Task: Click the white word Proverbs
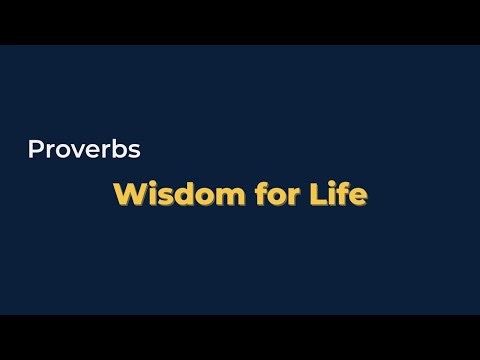click(83, 151)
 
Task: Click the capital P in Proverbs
click(35, 151)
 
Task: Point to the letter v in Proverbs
click(74, 152)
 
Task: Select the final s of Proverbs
click(132, 152)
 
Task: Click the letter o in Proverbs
click(59, 152)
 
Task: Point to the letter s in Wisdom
click(159, 196)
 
